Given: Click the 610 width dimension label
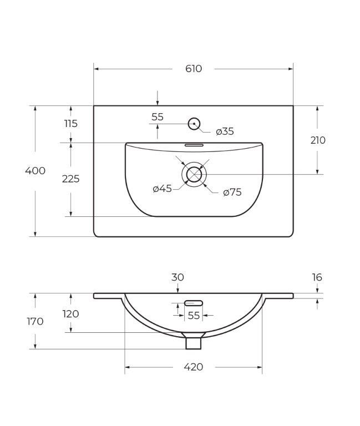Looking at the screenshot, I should [193, 69].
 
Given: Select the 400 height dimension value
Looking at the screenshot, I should [35, 171].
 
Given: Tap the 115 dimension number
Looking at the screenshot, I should [70, 124].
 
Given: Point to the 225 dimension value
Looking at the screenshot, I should [70, 179].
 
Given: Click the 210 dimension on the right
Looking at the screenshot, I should [317, 140].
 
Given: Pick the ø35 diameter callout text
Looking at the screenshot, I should [225, 131].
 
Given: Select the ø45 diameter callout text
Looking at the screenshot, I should [162, 189].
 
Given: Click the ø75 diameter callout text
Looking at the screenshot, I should [232, 192].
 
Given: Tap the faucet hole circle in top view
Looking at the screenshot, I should [194, 124].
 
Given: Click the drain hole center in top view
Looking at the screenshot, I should [194, 174].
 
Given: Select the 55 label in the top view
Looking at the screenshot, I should [158, 117].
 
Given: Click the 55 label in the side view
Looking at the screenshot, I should [193, 315].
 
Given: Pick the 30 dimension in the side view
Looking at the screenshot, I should [178, 277].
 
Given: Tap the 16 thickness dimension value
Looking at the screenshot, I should [317, 277].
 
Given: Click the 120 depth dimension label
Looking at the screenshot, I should [70, 314].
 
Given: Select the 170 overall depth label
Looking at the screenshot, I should [35, 321].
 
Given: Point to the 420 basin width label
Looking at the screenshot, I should [193, 367].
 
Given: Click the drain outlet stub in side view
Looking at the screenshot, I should [193, 343].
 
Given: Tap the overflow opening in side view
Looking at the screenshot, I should [193, 303].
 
